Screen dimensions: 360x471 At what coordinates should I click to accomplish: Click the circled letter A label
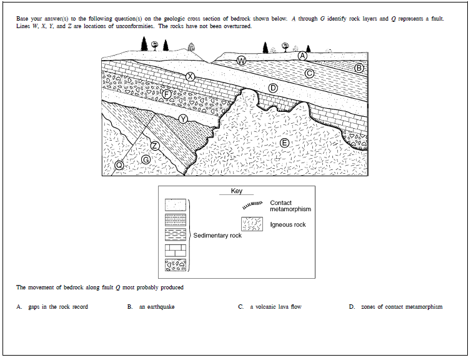(302, 56)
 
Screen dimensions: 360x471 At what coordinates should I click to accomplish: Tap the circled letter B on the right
(359, 67)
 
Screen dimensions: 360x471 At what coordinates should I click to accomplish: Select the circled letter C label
(309, 73)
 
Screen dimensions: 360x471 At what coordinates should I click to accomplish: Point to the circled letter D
(272, 87)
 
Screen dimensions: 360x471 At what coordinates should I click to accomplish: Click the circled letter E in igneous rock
(284, 143)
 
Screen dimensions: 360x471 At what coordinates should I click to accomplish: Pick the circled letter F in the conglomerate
(166, 93)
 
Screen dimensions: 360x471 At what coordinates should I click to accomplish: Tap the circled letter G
(146, 160)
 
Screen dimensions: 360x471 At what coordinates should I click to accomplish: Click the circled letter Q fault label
(119, 165)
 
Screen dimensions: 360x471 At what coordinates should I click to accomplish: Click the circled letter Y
(183, 119)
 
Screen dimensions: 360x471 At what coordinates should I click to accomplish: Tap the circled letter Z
(155, 146)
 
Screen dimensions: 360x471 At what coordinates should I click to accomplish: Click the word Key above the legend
(237, 191)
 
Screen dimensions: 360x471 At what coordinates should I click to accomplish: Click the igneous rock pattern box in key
(252, 224)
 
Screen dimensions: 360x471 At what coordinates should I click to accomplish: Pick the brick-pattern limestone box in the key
(176, 249)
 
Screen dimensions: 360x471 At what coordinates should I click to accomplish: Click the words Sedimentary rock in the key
(217, 236)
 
